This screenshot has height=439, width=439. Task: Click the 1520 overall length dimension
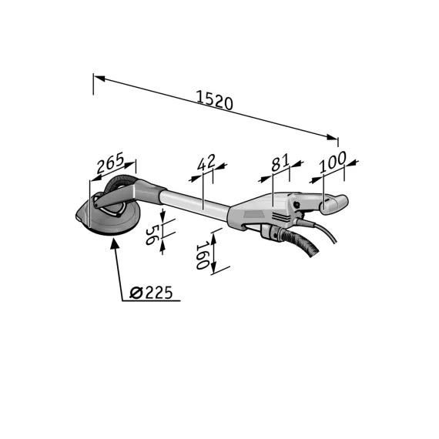214,99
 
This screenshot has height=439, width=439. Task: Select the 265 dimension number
110,163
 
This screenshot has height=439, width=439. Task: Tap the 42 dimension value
206,163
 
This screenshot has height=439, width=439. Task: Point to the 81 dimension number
280,163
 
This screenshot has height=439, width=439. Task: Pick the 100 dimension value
333,162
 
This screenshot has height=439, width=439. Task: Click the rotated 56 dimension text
152,235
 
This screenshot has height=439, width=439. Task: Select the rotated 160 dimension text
202,256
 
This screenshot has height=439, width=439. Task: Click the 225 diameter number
159,293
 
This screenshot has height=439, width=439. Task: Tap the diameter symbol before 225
136,293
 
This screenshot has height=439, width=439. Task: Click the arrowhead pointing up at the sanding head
115,243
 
